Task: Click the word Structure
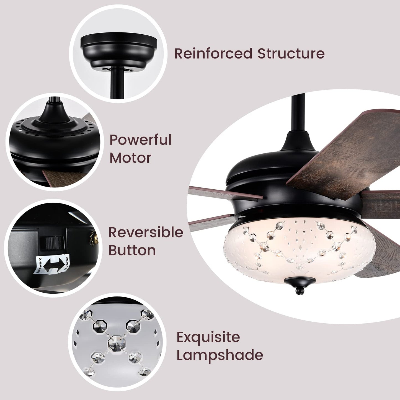pos(291,53)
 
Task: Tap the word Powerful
pos(140,140)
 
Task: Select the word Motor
pos(130,158)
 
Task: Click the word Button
pos(132,250)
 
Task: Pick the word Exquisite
pos(208,337)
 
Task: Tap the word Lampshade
pos(220,355)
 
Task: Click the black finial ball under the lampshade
pos(299,291)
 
